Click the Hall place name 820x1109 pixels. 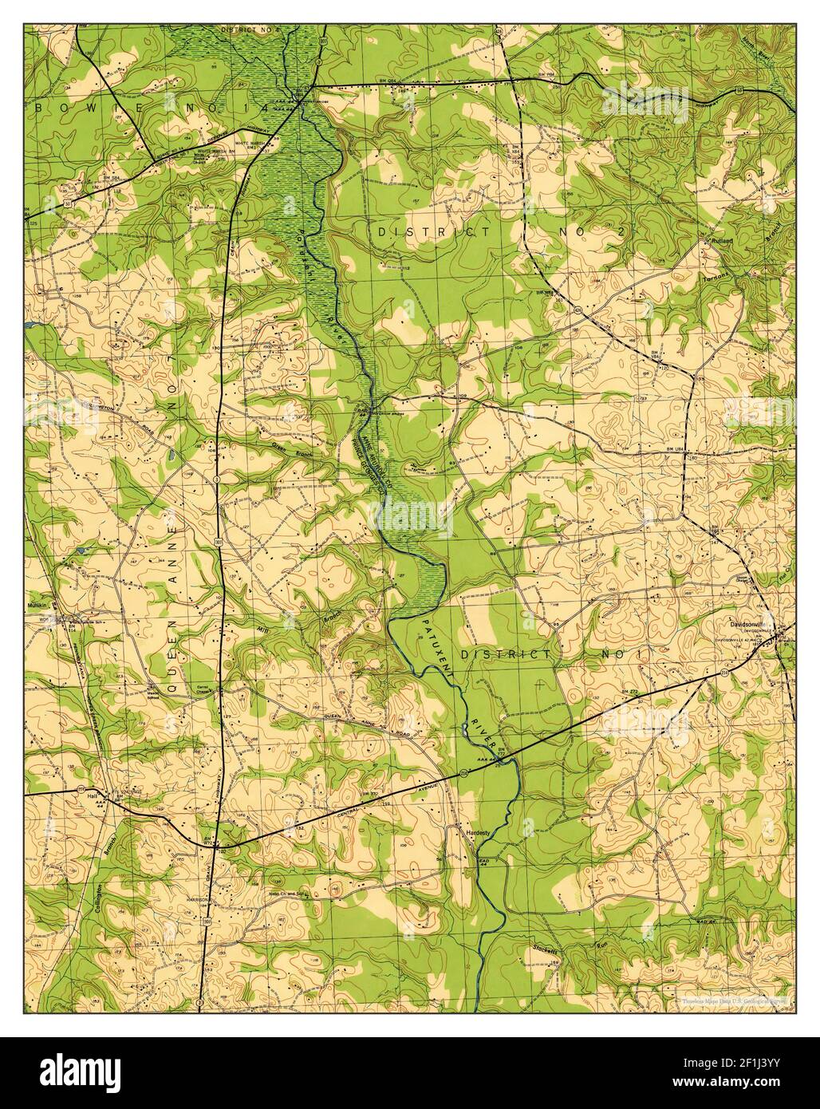(93, 796)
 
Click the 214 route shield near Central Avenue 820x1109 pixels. (463, 772)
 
